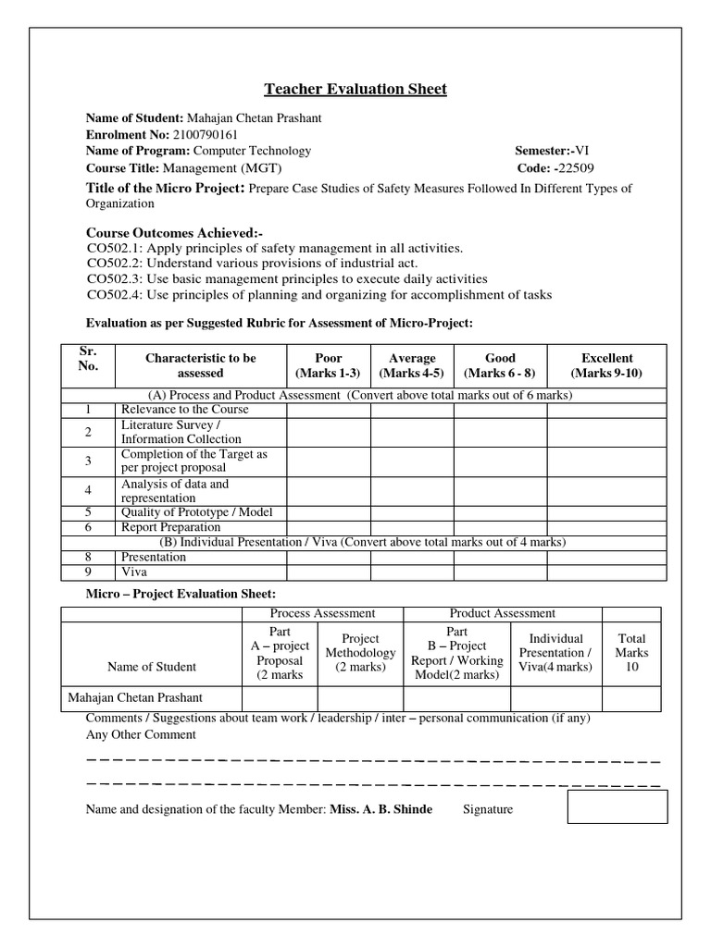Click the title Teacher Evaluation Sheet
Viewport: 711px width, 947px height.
tap(355, 89)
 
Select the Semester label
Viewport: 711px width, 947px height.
tap(542, 151)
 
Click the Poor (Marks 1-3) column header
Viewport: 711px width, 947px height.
tap(329, 365)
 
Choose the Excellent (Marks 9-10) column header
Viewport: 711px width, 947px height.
tap(606, 365)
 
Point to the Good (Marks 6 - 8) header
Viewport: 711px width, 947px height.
tap(500, 365)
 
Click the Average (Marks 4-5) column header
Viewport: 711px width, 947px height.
tap(412, 365)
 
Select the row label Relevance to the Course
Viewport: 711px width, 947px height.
tap(184, 410)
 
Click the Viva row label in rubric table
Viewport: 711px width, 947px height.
tap(134, 572)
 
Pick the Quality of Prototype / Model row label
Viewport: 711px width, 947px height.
tap(196, 511)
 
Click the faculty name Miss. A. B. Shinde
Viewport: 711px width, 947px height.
tap(380, 809)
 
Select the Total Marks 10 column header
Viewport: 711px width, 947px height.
tap(632, 652)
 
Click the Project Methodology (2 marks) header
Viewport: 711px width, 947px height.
tap(361, 652)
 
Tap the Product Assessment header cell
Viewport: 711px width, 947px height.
tap(502, 613)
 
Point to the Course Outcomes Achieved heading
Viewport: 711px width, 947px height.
tap(174, 233)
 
